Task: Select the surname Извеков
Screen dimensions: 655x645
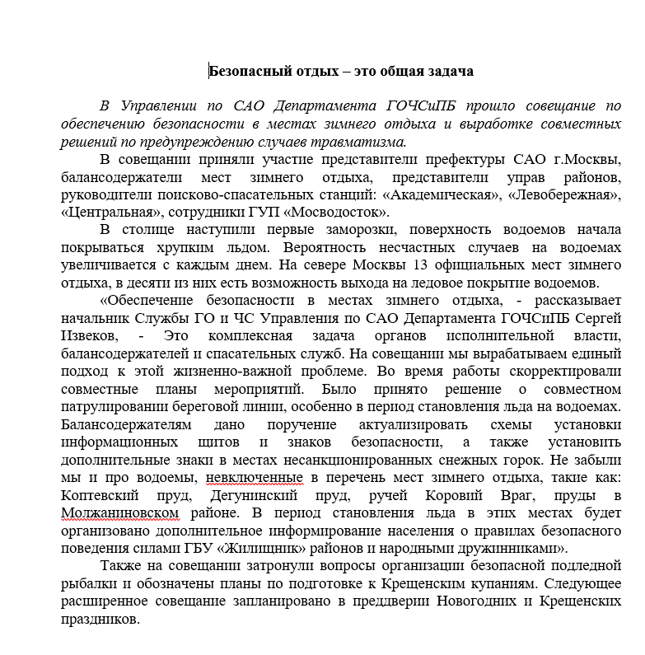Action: [x=90, y=336]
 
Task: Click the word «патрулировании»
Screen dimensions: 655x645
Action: [x=112, y=407]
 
